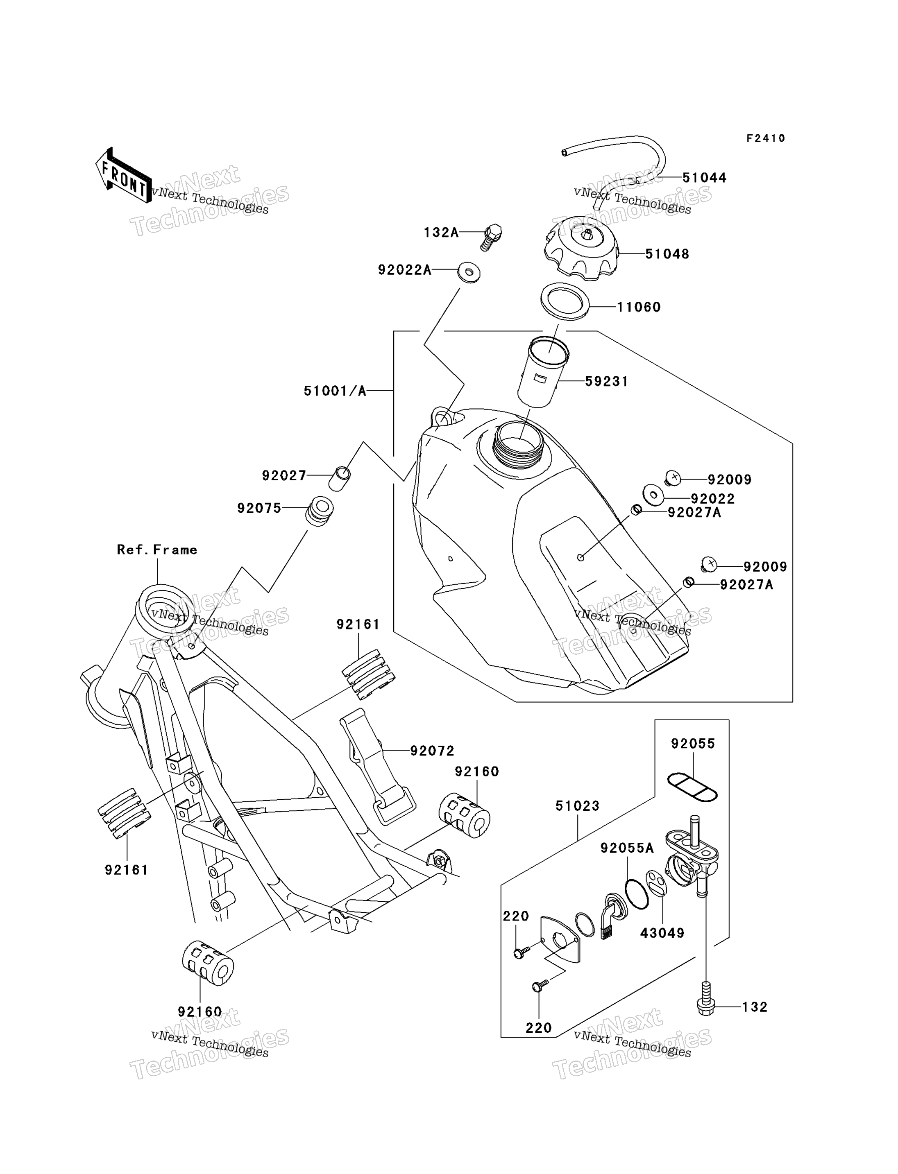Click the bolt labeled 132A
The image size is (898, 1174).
(x=491, y=237)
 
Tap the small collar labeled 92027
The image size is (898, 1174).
(x=339, y=479)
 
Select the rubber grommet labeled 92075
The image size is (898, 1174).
(x=320, y=511)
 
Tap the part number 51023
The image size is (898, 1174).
(x=577, y=806)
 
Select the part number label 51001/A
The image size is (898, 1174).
(x=335, y=391)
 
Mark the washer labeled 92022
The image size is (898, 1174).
(x=653, y=495)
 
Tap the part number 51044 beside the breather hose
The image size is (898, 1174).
(x=705, y=178)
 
